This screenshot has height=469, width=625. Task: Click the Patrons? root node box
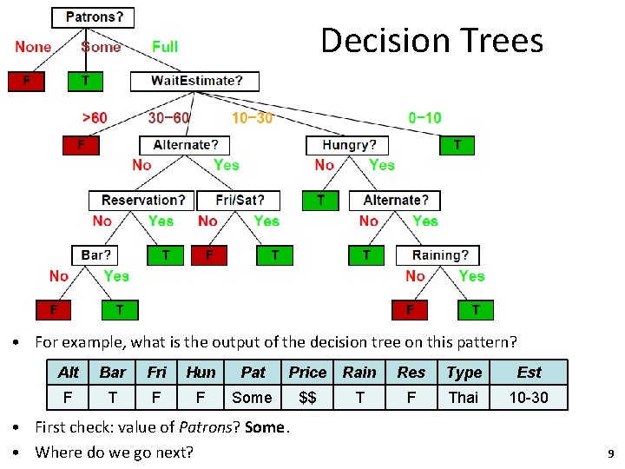tap(94, 17)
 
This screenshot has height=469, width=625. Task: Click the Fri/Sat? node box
tap(238, 201)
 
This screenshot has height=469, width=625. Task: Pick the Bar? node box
tap(96, 255)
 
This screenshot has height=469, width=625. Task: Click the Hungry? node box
tap(349, 145)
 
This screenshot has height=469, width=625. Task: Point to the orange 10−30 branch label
tap(252, 117)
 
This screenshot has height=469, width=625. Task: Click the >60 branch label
tap(95, 117)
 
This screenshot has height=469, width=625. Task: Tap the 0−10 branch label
tap(424, 117)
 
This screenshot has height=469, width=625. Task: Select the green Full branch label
tap(165, 46)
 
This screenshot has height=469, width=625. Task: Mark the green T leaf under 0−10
tap(457, 145)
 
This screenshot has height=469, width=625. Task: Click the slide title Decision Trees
tap(431, 41)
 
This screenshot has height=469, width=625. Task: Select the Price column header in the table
tap(307, 373)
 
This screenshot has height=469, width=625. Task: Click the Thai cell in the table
tap(463, 398)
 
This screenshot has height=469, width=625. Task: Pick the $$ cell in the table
tap(307, 398)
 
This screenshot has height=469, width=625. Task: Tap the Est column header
tap(529, 373)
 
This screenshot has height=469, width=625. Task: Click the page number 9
tap(611, 453)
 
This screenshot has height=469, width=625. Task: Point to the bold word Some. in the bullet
tap(267, 426)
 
